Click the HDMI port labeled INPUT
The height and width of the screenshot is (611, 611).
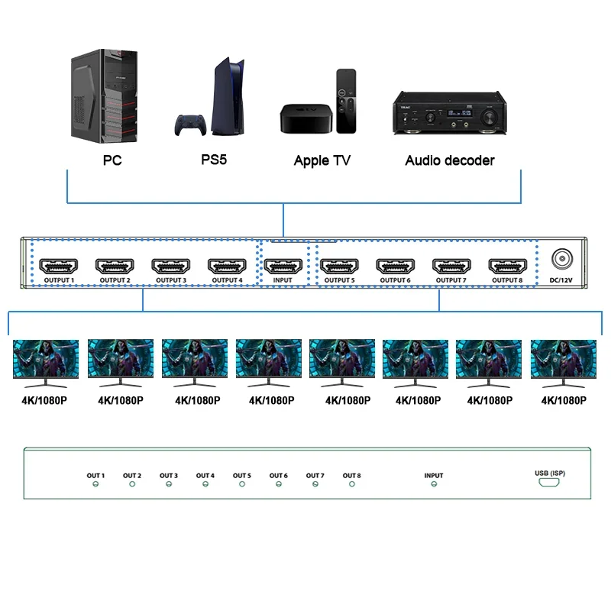pos(283,266)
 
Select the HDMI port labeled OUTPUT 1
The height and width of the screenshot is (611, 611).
pos(59,266)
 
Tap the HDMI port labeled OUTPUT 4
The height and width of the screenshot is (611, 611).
pos(227,266)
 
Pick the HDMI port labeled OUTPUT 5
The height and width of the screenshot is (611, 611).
pos(339,266)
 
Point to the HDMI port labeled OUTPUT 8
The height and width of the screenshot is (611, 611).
pos(508,266)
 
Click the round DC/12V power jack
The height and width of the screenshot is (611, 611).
pos(562,258)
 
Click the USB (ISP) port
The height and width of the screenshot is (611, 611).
pos(549,483)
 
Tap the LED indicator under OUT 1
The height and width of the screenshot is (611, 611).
pos(95,484)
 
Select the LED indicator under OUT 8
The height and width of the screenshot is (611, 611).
pos(352,484)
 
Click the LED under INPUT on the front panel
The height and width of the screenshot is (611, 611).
pos(434,484)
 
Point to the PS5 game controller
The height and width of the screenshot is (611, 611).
pos(190,125)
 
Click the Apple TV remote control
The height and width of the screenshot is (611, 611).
pos(346,102)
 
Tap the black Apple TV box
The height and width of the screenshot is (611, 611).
pos(306,119)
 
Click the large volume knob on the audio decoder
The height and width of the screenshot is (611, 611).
pos(488,117)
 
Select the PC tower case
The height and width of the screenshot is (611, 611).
pos(104,96)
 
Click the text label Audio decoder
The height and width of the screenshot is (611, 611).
pos(450,160)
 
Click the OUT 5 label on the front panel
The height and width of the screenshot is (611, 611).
pos(242,475)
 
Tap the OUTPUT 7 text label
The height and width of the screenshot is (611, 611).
pos(451,280)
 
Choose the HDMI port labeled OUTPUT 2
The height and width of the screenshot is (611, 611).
pos(115,266)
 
